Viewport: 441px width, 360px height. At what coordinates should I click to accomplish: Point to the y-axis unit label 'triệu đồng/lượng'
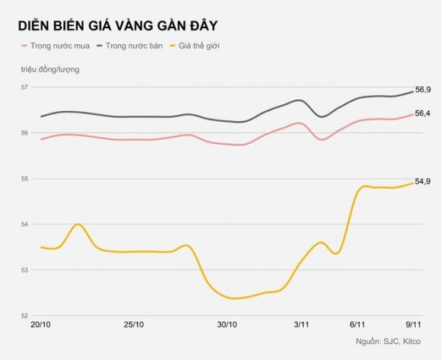(x=50, y=70)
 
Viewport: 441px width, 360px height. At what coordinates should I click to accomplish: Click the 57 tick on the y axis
(x=26, y=88)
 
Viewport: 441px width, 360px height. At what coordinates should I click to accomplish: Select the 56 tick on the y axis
(x=26, y=133)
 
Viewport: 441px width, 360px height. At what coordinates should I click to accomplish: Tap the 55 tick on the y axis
(x=26, y=179)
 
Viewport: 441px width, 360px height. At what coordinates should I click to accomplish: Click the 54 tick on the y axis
(x=26, y=225)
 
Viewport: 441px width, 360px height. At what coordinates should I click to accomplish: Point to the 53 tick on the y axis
(x=26, y=270)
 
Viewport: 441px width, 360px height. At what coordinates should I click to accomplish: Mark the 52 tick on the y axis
(x=26, y=316)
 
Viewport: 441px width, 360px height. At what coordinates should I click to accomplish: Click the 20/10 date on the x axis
(x=40, y=325)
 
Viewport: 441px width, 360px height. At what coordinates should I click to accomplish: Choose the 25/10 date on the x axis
(x=133, y=325)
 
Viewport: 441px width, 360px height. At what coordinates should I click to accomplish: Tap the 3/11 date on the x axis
(x=301, y=325)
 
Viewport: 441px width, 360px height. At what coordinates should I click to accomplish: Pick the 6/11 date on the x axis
(x=357, y=325)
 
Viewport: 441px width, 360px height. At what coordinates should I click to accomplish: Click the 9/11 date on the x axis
(x=411, y=325)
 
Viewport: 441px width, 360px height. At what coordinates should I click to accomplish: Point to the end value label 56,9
(x=423, y=90)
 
